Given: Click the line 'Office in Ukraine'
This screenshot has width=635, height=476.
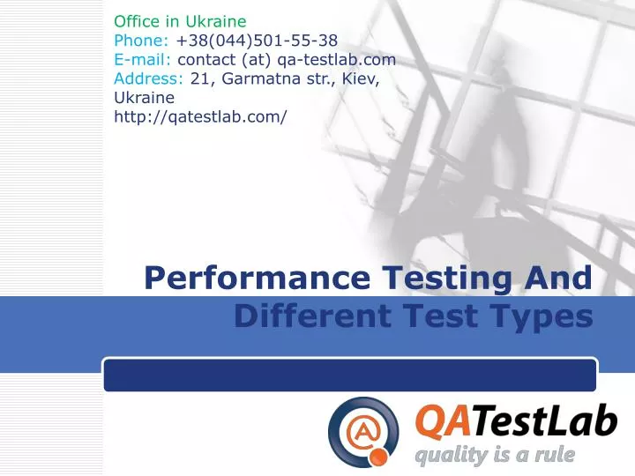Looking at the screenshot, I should (x=180, y=20).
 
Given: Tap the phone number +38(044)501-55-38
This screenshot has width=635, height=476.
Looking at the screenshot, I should (x=257, y=40).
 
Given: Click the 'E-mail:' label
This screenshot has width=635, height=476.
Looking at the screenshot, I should (x=144, y=60).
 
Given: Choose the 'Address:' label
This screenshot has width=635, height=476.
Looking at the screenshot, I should (x=150, y=79).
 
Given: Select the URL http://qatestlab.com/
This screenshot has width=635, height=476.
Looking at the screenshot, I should (x=200, y=117).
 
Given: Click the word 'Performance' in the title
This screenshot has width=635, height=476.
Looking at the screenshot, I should (x=258, y=279).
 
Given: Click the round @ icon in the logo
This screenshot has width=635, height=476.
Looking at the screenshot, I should (x=363, y=431).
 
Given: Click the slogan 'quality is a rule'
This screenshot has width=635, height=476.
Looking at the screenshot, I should (x=495, y=456).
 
